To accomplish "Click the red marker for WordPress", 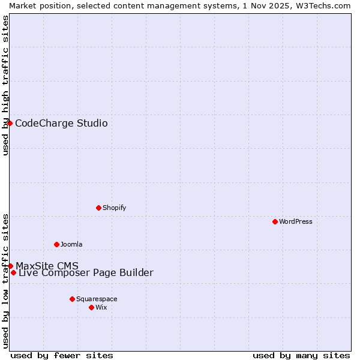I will click(275, 221).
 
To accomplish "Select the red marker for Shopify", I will click(98, 208).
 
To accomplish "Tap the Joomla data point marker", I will click(56, 244).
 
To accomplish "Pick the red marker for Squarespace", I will click(72, 299).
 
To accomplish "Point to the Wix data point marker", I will click(91, 307).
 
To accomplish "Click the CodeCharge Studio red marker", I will click(10, 123).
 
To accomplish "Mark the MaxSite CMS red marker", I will click(10, 266).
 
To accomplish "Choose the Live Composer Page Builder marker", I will click(13, 272).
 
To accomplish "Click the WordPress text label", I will click(296, 221).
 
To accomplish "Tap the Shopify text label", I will click(114, 208).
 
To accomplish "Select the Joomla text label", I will click(71, 244).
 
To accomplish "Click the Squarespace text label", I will click(97, 299).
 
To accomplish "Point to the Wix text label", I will click(101, 307).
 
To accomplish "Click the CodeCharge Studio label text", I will click(61, 124).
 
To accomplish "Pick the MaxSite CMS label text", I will click(47, 266).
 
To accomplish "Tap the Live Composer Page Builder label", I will click(86, 273).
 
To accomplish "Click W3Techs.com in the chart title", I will click(326, 5).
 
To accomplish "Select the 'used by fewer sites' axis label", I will click(62, 355).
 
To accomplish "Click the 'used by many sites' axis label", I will click(301, 355).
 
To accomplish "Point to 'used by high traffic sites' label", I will click(5, 85).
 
